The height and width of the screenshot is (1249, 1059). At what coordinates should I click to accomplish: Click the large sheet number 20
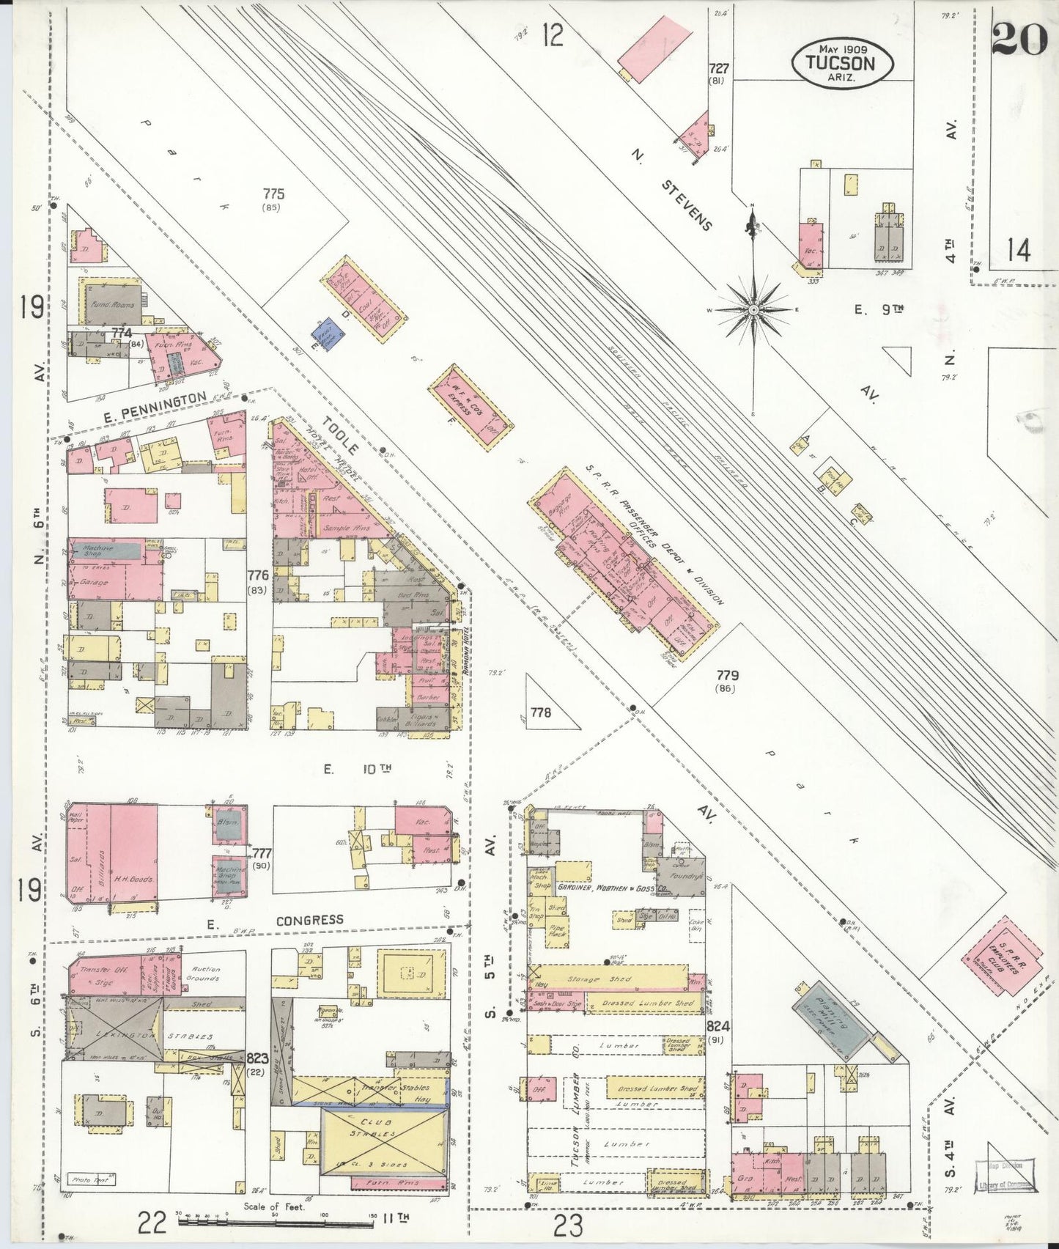pyautogui.click(x=1018, y=38)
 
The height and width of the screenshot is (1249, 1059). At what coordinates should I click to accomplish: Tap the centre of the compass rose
pyautogui.click(x=753, y=310)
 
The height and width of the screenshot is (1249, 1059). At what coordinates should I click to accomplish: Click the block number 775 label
pyautogui.click(x=273, y=194)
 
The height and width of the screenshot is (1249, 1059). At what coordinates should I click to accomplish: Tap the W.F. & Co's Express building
pyautogui.click(x=471, y=404)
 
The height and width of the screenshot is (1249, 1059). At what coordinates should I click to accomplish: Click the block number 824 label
pyautogui.click(x=718, y=1026)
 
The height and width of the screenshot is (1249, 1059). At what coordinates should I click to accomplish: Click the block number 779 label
pyautogui.click(x=727, y=674)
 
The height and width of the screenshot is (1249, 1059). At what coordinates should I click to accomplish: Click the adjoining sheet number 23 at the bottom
pyautogui.click(x=568, y=1224)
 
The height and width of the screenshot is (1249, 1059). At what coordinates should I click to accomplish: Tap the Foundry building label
pyautogui.click(x=685, y=876)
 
